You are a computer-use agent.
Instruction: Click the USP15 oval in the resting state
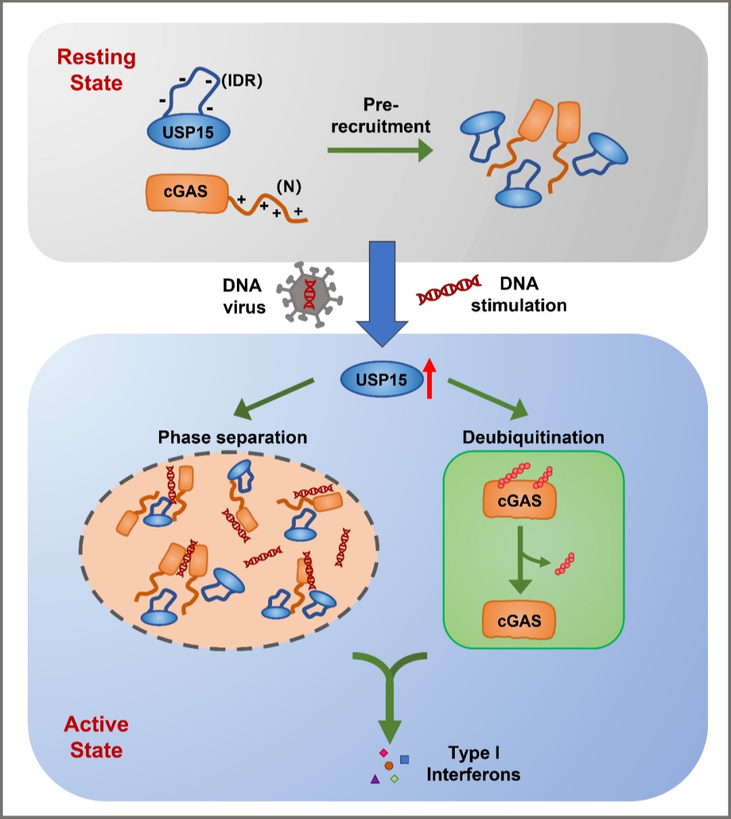click(189, 132)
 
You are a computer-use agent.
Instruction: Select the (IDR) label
click(242, 81)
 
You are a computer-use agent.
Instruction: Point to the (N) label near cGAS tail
click(288, 187)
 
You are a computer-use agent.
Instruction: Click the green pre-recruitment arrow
click(380, 150)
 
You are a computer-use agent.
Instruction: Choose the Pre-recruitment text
click(380, 116)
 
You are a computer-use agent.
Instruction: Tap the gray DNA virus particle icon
click(309, 294)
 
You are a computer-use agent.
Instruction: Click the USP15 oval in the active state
click(382, 380)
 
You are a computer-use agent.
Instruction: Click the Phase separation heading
click(232, 438)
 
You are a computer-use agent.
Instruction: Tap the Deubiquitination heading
click(533, 438)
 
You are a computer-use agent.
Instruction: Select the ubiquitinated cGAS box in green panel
click(519, 500)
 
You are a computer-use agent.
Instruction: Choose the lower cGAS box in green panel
click(519, 621)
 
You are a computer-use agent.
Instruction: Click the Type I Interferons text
click(473, 764)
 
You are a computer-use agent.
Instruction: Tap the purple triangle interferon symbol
click(375, 779)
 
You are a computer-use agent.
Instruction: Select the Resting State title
click(96, 70)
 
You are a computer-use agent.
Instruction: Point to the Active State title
click(96, 737)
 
